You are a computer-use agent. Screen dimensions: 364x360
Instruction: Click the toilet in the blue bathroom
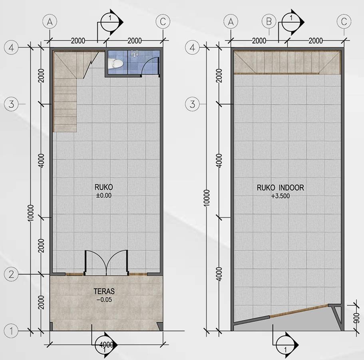(115, 64)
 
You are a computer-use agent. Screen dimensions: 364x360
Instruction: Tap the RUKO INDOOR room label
(280, 188)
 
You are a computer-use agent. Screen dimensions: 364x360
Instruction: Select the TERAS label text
(104, 291)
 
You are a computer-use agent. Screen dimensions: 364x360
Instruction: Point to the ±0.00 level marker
(104, 196)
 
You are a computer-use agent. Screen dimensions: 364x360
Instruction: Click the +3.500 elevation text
(280, 196)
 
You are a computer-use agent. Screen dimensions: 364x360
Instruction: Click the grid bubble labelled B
(269, 22)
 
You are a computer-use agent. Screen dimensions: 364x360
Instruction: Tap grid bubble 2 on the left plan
(11, 274)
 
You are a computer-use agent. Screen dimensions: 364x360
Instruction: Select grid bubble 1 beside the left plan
(11, 331)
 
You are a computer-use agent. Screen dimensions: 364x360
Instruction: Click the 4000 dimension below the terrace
(106, 344)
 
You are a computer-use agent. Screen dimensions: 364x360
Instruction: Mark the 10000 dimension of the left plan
(31, 213)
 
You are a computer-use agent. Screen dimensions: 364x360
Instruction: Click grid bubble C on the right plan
(344, 22)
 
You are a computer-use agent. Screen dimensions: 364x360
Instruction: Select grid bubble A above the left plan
(50, 22)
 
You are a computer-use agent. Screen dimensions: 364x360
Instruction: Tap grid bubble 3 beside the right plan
(193, 104)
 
